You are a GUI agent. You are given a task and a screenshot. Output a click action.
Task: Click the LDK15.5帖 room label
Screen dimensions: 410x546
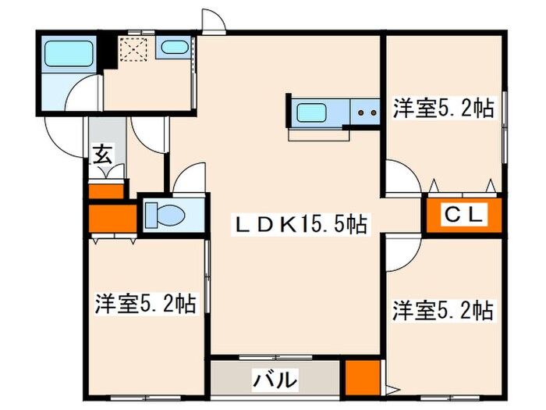(x=301, y=224)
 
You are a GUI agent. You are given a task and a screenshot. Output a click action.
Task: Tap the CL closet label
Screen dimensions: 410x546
(x=466, y=213)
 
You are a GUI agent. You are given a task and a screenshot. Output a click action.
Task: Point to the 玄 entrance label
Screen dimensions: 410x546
(x=102, y=154)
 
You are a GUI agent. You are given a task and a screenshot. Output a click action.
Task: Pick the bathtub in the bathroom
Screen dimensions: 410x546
(x=69, y=53)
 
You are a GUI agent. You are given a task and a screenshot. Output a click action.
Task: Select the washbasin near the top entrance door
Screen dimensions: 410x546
(x=172, y=47)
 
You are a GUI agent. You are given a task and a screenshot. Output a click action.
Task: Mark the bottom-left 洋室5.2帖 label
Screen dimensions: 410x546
(x=146, y=302)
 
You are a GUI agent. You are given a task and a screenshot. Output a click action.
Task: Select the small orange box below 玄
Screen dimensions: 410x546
(x=106, y=190)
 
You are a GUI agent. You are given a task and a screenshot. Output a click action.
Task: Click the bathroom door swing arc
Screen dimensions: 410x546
(x=82, y=99)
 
